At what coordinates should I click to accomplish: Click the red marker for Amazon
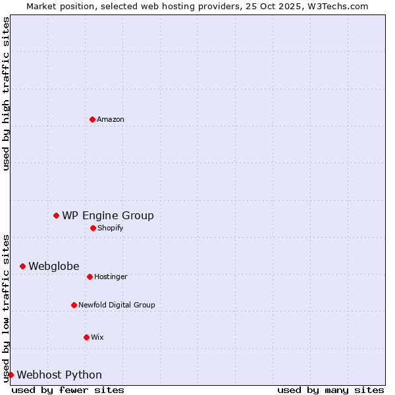pyautogui.click(x=92, y=119)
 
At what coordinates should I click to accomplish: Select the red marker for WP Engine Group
pyautogui.click(x=56, y=215)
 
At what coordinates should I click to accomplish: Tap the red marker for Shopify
pyautogui.click(x=93, y=228)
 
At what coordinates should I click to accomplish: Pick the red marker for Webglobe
pyautogui.click(x=22, y=266)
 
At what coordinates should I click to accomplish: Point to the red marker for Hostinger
pyautogui.click(x=90, y=276)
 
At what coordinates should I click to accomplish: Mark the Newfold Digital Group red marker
pyautogui.click(x=74, y=305)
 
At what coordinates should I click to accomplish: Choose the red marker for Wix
pyautogui.click(x=86, y=337)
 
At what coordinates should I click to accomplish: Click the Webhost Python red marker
pyautogui.click(x=11, y=375)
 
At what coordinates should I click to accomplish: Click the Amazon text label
pyautogui.click(x=111, y=119)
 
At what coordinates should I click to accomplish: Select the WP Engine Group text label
pyautogui.click(x=108, y=215)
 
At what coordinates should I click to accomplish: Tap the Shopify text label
pyautogui.click(x=111, y=228)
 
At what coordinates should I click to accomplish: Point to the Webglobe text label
pyautogui.click(x=54, y=266)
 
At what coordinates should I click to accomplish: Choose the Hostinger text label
pyautogui.click(x=111, y=276)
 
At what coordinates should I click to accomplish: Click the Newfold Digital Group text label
pyautogui.click(x=117, y=305)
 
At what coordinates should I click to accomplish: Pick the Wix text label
pyautogui.click(x=97, y=337)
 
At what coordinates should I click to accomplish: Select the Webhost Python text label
pyautogui.click(x=59, y=375)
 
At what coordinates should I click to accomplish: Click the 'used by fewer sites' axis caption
pyautogui.click(x=68, y=390)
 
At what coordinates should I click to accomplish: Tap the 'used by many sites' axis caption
pyautogui.click(x=330, y=390)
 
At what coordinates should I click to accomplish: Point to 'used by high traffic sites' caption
pyautogui.click(x=6, y=93)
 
